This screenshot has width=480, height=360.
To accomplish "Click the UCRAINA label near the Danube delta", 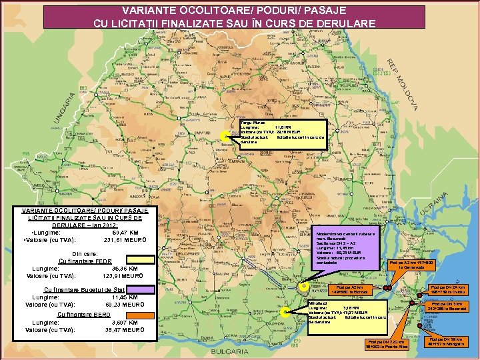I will [439, 201].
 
